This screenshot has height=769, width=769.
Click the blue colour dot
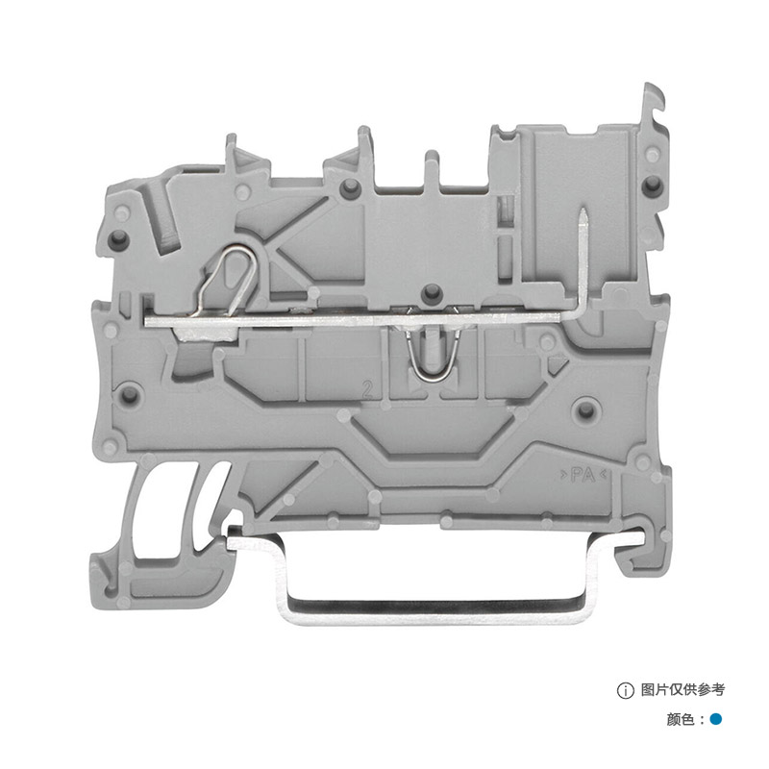coord(715,719)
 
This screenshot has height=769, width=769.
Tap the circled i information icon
coord(626,690)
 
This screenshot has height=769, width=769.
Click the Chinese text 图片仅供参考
coord(682,690)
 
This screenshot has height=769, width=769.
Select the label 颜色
coord(681,719)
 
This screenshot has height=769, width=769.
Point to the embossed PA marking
coord(583,475)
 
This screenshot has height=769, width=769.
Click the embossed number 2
coord(367,389)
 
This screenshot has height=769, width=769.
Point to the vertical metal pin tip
coord(583,211)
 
